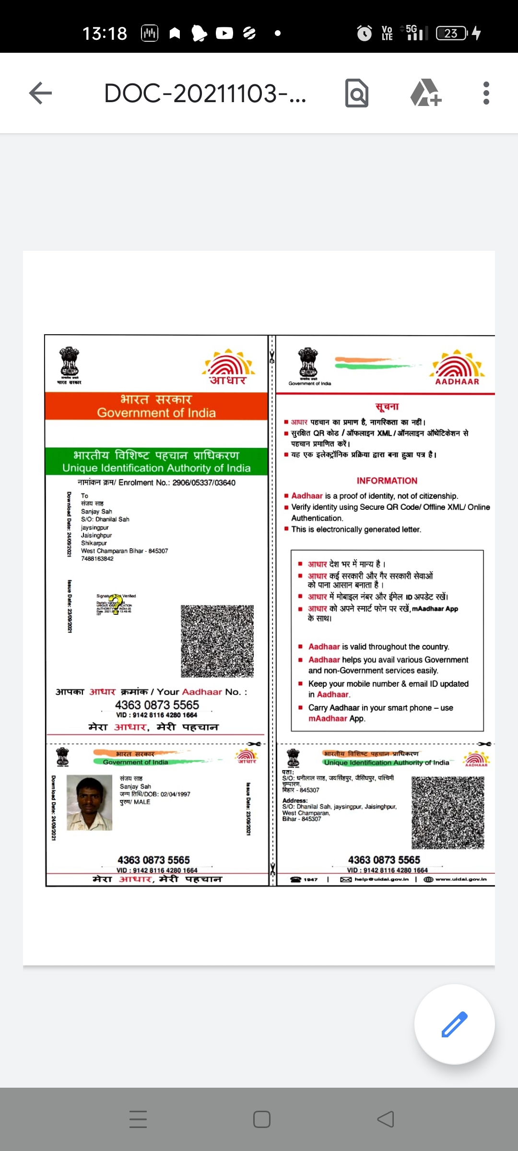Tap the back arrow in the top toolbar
click(x=40, y=93)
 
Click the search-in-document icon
click(x=357, y=93)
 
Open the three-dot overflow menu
click(x=486, y=93)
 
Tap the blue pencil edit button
click(x=454, y=1024)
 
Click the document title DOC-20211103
click(x=205, y=93)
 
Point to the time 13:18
click(x=105, y=34)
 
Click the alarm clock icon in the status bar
click(x=365, y=33)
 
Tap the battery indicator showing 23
click(x=451, y=33)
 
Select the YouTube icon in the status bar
click(x=224, y=33)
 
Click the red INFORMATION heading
click(x=387, y=481)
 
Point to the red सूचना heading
click(x=387, y=407)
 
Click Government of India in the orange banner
click(x=156, y=413)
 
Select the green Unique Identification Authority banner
click(x=156, y=462)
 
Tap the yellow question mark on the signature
click(x=116, y=603)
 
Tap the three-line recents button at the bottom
click(x=138, y=1119)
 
